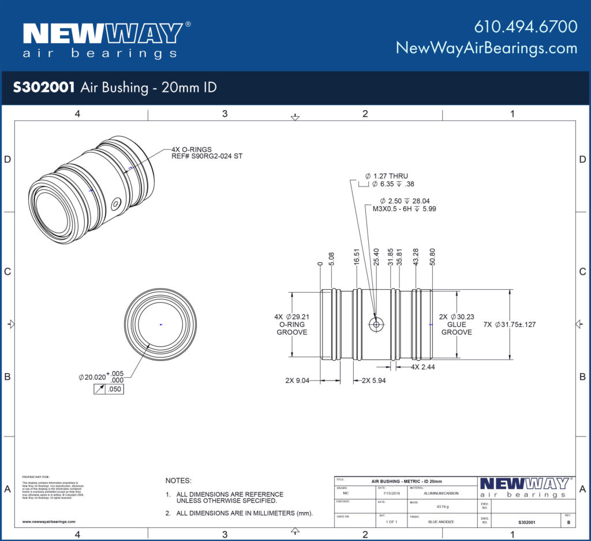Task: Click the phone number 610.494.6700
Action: (x=525, y=27)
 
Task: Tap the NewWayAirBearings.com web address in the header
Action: (x=486, y=48)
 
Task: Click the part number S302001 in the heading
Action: (x=44, y=87)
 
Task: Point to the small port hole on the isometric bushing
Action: (x=116, y=203)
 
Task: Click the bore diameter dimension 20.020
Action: (x=92, y=377)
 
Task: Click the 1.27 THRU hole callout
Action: (x=386, y=176)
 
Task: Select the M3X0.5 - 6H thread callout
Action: (x=404, y=209)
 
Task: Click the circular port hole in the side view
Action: (x=376, y=324)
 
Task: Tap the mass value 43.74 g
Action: (x=443, y=508)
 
